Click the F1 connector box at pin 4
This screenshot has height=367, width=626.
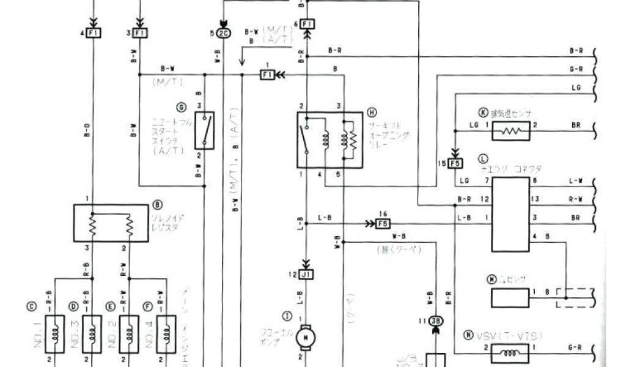coord(94,32)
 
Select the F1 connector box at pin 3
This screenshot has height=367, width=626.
coord(140,32)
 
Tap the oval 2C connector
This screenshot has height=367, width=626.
coord(224,32)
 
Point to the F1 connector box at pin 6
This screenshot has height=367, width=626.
coord(307,24)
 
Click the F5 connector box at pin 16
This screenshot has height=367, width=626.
coord(383,223)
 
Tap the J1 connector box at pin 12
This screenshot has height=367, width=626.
coord(307,275)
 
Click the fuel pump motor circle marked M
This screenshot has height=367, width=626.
coord(304,336)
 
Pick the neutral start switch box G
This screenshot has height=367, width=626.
coord(204,130)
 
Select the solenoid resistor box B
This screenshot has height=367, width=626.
coord(111,223)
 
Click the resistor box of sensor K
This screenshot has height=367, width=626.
coord(510,131)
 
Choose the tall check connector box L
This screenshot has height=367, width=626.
coord(510,214)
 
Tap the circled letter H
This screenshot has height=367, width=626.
coord(372,112)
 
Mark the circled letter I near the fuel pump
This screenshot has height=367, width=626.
coord(285,316)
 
